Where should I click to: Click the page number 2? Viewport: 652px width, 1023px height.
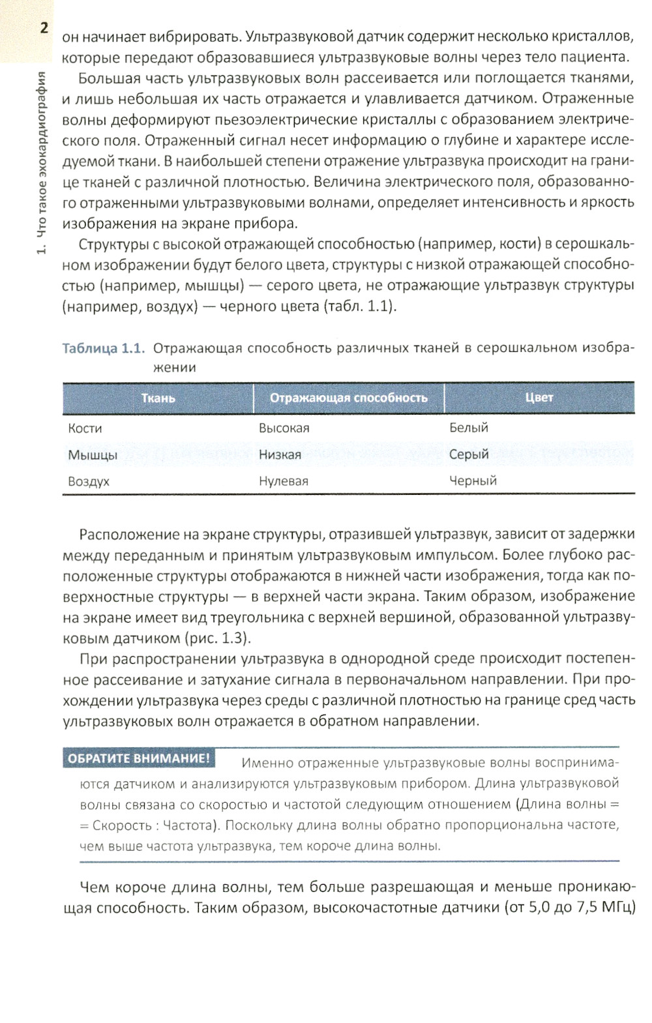click(44, 28)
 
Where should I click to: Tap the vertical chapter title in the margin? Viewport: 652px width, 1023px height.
click(42, 163)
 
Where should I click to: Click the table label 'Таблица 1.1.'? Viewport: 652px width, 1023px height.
click(102, 348)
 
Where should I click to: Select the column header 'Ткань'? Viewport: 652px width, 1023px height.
click(158, 398)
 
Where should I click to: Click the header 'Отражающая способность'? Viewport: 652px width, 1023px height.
click(348, 398)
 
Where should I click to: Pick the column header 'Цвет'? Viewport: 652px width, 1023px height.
click(539, 397)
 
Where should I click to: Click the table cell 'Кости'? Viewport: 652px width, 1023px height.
click(85, 428)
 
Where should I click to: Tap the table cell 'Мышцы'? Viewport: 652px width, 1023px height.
click(93, 455)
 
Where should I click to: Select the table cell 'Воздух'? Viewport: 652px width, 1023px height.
click(89, 482)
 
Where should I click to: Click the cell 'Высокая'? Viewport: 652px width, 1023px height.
click(284, 428)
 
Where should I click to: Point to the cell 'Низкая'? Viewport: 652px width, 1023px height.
click(280, 454)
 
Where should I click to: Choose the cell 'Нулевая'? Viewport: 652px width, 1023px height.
click(283, 481)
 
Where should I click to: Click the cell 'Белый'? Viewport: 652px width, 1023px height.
click(468, 428)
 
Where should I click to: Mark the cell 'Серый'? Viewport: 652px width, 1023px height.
click(468, 454)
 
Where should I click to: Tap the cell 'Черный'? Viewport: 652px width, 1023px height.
click(473, 481)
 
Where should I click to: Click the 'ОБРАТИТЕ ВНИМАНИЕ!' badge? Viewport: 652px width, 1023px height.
click(139, 758)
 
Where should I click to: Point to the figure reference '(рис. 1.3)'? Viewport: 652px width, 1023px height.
click(217, 637)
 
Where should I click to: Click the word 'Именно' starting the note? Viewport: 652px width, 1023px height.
click(264, 762)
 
